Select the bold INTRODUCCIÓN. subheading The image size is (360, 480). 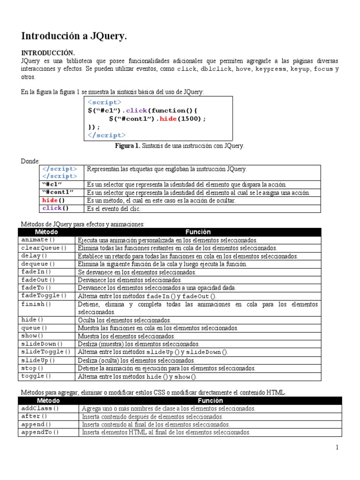coord(48,53)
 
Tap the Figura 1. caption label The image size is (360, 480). coord(127,146)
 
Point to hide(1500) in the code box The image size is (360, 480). coord(182,119)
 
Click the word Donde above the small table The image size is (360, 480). coord(30,161)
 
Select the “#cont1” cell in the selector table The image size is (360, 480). coord(58,193)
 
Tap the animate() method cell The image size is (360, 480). coord(35,240)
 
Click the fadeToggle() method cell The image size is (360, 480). coord(44,296)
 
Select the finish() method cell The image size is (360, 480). coord(33,304)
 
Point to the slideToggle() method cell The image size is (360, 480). coord(46,352)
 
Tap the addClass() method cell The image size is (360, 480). coord(40,408)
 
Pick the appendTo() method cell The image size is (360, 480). coord(40,432)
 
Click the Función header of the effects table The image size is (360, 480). coord(198,232)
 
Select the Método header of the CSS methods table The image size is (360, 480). coord(48,401)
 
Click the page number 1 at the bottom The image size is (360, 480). coord(337,448)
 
